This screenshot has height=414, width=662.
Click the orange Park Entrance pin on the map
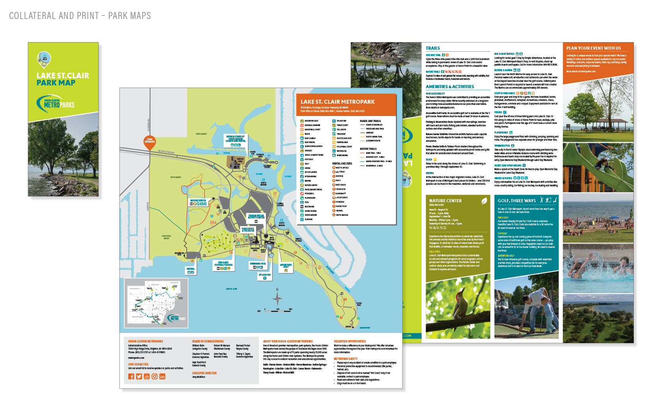point(150,141)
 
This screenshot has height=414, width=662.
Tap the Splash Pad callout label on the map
point(265,275)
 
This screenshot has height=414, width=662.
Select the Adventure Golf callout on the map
point(286,265)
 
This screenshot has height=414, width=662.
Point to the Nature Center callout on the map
point(198,201)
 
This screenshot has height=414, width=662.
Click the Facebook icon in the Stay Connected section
point(131,377)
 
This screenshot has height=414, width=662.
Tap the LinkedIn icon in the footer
point(162,377)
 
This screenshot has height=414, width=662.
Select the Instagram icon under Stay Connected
point(154,377)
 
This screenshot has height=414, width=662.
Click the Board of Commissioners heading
point(208,341)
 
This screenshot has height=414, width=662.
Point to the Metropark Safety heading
point(345,359)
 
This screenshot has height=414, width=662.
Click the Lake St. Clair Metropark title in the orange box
point(338,102)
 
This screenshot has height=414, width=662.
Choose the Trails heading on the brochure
point(433,48)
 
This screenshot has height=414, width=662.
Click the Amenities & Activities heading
point(450,87)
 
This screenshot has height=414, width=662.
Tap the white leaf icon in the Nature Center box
point(484,201)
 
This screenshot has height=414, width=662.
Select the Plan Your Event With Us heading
point(594,48)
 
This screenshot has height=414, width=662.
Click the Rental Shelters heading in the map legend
point(342,163)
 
